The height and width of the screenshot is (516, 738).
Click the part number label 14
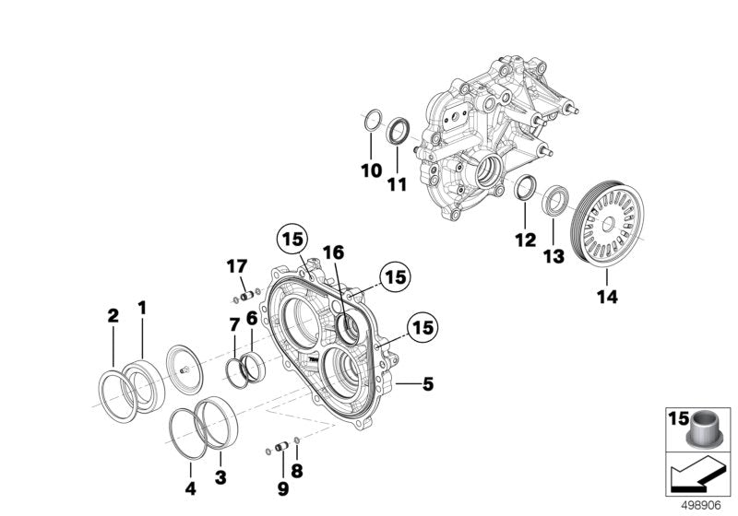coord(607,297)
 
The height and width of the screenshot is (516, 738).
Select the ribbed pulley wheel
coord(611,226)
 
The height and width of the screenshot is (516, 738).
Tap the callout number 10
coord(370,170)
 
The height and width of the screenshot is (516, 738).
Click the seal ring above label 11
coord(398,130)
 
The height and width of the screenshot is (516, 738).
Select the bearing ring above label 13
coord(557,202)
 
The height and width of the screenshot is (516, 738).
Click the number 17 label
coord(237,267)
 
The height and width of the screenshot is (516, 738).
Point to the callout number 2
coord(113,316)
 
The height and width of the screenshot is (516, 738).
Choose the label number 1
coord(142,306)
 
